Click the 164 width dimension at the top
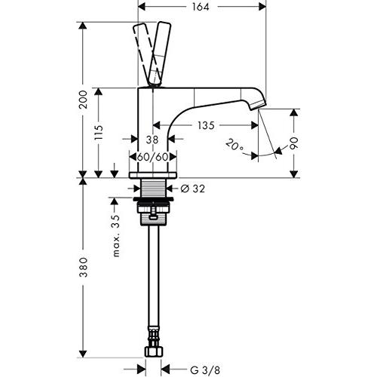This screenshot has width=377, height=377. (201, 7)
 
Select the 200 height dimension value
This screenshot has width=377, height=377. (83, 100)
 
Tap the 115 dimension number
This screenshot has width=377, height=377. (99, 133)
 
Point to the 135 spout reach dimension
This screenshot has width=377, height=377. (206, 125)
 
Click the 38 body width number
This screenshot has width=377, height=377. (152, 139)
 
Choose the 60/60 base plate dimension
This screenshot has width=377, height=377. (152, 157)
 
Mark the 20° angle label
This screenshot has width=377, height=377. (234, 146)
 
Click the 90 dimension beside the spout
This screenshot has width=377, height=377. (293, 143)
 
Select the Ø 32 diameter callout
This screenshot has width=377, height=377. (193, 188)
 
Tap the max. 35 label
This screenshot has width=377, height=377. (116, 236)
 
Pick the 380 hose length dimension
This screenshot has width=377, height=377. (83, 267)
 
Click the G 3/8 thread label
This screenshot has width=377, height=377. (205, 370)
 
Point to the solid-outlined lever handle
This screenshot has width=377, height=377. (159, 54)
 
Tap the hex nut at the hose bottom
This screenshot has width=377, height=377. (154, 351)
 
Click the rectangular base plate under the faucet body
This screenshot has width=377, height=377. (153, 175)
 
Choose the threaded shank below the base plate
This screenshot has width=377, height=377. (153, 188)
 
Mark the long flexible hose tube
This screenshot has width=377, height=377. (153, 277)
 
